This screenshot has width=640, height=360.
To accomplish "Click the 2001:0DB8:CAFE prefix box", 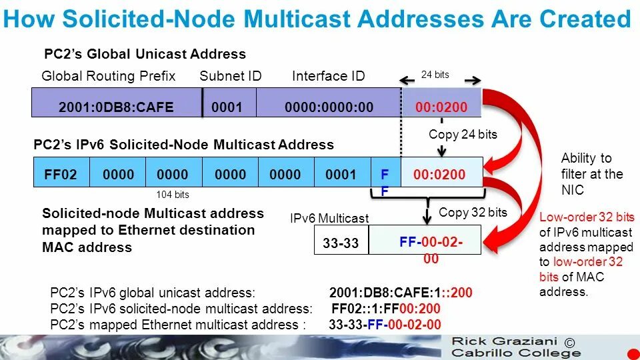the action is [117, 107].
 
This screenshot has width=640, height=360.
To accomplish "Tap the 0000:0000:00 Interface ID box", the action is [329, 107].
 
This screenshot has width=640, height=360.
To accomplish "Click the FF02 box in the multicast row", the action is [61, 175].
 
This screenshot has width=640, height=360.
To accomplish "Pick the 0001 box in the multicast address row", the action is [341, 175].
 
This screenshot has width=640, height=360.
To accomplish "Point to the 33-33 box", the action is [341, 243].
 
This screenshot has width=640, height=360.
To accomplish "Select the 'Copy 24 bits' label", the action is [463, 135].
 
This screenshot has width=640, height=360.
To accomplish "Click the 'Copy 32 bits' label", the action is [473, 213].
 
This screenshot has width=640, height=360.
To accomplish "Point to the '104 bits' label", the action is [173, 195].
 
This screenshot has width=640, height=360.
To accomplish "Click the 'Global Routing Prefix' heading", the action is [108, 76].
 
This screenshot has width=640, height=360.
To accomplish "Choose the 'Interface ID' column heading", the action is [329, 76].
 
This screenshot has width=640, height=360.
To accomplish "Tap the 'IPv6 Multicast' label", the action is [329, 219].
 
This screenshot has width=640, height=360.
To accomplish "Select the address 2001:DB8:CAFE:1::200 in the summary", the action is [401, 293].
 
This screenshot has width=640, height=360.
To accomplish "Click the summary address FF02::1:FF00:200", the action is [385, 309].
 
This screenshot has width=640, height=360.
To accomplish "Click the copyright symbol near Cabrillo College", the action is [569, 343].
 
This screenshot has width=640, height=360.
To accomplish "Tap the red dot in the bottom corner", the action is [633, 353].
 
